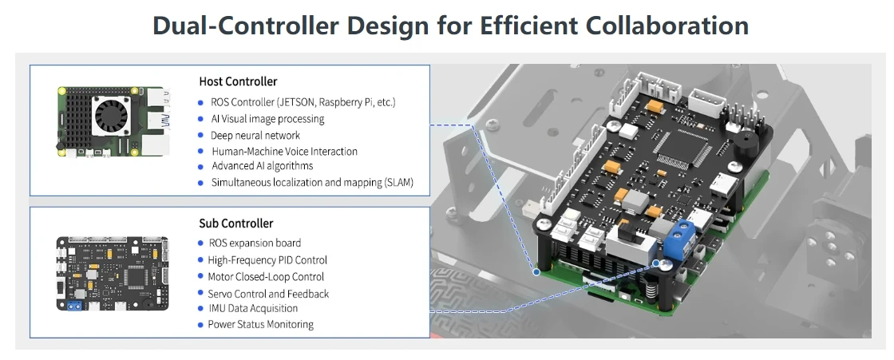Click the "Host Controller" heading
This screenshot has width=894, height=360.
238,81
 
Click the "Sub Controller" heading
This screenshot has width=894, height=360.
235,224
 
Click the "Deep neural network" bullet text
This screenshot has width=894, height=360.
255,135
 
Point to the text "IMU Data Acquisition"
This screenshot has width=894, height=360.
253,308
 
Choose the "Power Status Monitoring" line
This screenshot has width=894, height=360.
260,324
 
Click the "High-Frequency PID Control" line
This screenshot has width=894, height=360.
267,259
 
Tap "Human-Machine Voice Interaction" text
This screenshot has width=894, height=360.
283,151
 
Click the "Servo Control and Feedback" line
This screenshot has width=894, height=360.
268,293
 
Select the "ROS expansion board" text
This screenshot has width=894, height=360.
254,243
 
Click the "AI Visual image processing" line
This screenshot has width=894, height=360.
267,119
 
